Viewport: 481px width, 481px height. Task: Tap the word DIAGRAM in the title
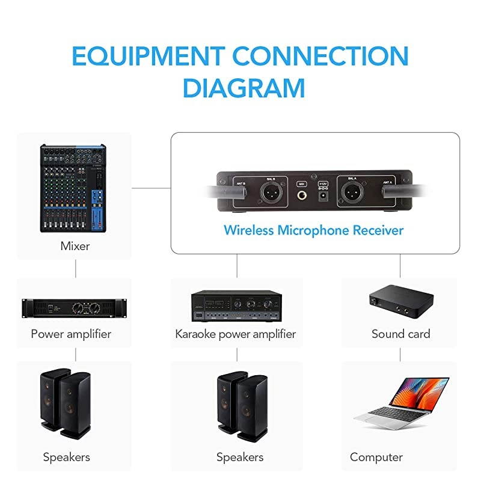pos(244,88)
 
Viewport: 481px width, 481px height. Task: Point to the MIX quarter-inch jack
pos(302,195)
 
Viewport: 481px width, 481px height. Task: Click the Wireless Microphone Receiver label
pos(313,230)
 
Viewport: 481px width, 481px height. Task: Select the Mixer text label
pos(76,245)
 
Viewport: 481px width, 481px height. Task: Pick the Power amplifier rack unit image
pos(75,308)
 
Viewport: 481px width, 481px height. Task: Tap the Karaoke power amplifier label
pos(235,334)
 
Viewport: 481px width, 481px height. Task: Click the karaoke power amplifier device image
pos(236,306)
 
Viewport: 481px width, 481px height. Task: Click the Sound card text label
pos(400,334)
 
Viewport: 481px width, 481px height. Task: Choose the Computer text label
pos(376,457)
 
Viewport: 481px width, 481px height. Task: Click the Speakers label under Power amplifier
pos(66,457)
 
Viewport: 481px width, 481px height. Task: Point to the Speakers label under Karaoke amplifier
pos(240,457)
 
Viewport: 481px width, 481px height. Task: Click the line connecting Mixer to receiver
pos(151,187)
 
